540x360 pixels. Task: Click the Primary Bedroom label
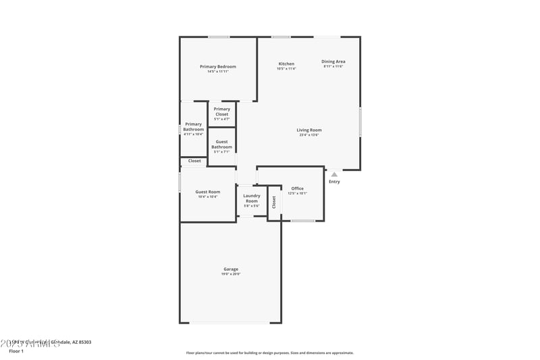coord(218,66)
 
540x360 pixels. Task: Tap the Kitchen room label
coord(286,63)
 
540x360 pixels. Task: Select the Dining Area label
coord(333,61)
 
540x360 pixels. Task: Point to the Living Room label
coord(309,130)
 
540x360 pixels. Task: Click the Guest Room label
coord(208,192)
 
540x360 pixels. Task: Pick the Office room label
coord(297,188)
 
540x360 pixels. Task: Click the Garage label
coord(231,269)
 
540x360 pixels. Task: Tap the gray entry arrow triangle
coord(334,174)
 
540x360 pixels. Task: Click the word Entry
coord(334,182)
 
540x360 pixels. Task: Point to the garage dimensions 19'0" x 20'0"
coord(231,274)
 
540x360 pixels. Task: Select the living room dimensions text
coord(309,135)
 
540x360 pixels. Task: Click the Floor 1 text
coord(16,351)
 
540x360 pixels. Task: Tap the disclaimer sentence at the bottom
coord(270,353)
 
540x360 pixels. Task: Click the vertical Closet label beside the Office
coord(274,202)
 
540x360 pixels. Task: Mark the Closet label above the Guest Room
coord(194,161)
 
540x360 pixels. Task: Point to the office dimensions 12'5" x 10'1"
coord(297,194)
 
